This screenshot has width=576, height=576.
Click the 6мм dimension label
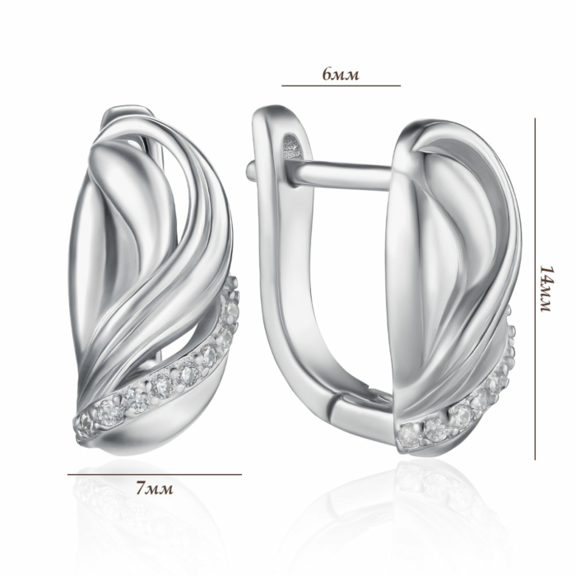pyautogui.click(x=341, y=74)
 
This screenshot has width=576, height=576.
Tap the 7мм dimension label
pyautogui.click(x=155, y=489)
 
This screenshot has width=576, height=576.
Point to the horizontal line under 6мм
pyautogui.click(x=341, y=86)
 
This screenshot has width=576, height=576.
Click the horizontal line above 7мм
pyautogui.click(x=155, y=474)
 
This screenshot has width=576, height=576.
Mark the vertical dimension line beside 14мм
pyautogui.click(x=535, y=289)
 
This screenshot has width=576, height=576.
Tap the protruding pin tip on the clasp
pyautogui.click(x=250, y=170)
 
